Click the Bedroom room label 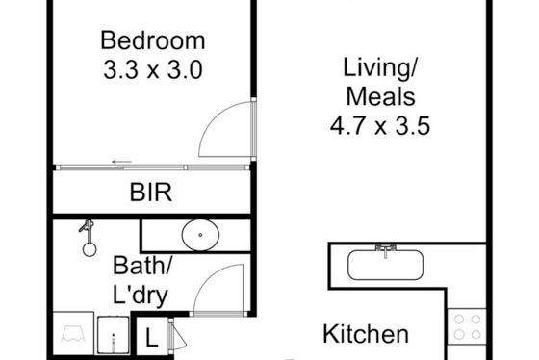153,40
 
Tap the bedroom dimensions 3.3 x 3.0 153,70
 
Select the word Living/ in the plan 380,68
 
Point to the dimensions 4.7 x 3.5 380,125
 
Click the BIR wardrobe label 151,193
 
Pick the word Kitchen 366,334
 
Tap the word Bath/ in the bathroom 142,266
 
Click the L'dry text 141,295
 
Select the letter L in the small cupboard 151,338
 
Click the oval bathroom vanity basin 200,235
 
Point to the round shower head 90,249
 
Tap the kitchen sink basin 385,265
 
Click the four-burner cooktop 467,326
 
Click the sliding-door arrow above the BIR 121,162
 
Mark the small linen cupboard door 178,337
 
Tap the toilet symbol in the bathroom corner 73,333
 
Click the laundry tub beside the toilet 114,335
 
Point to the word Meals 380,96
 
